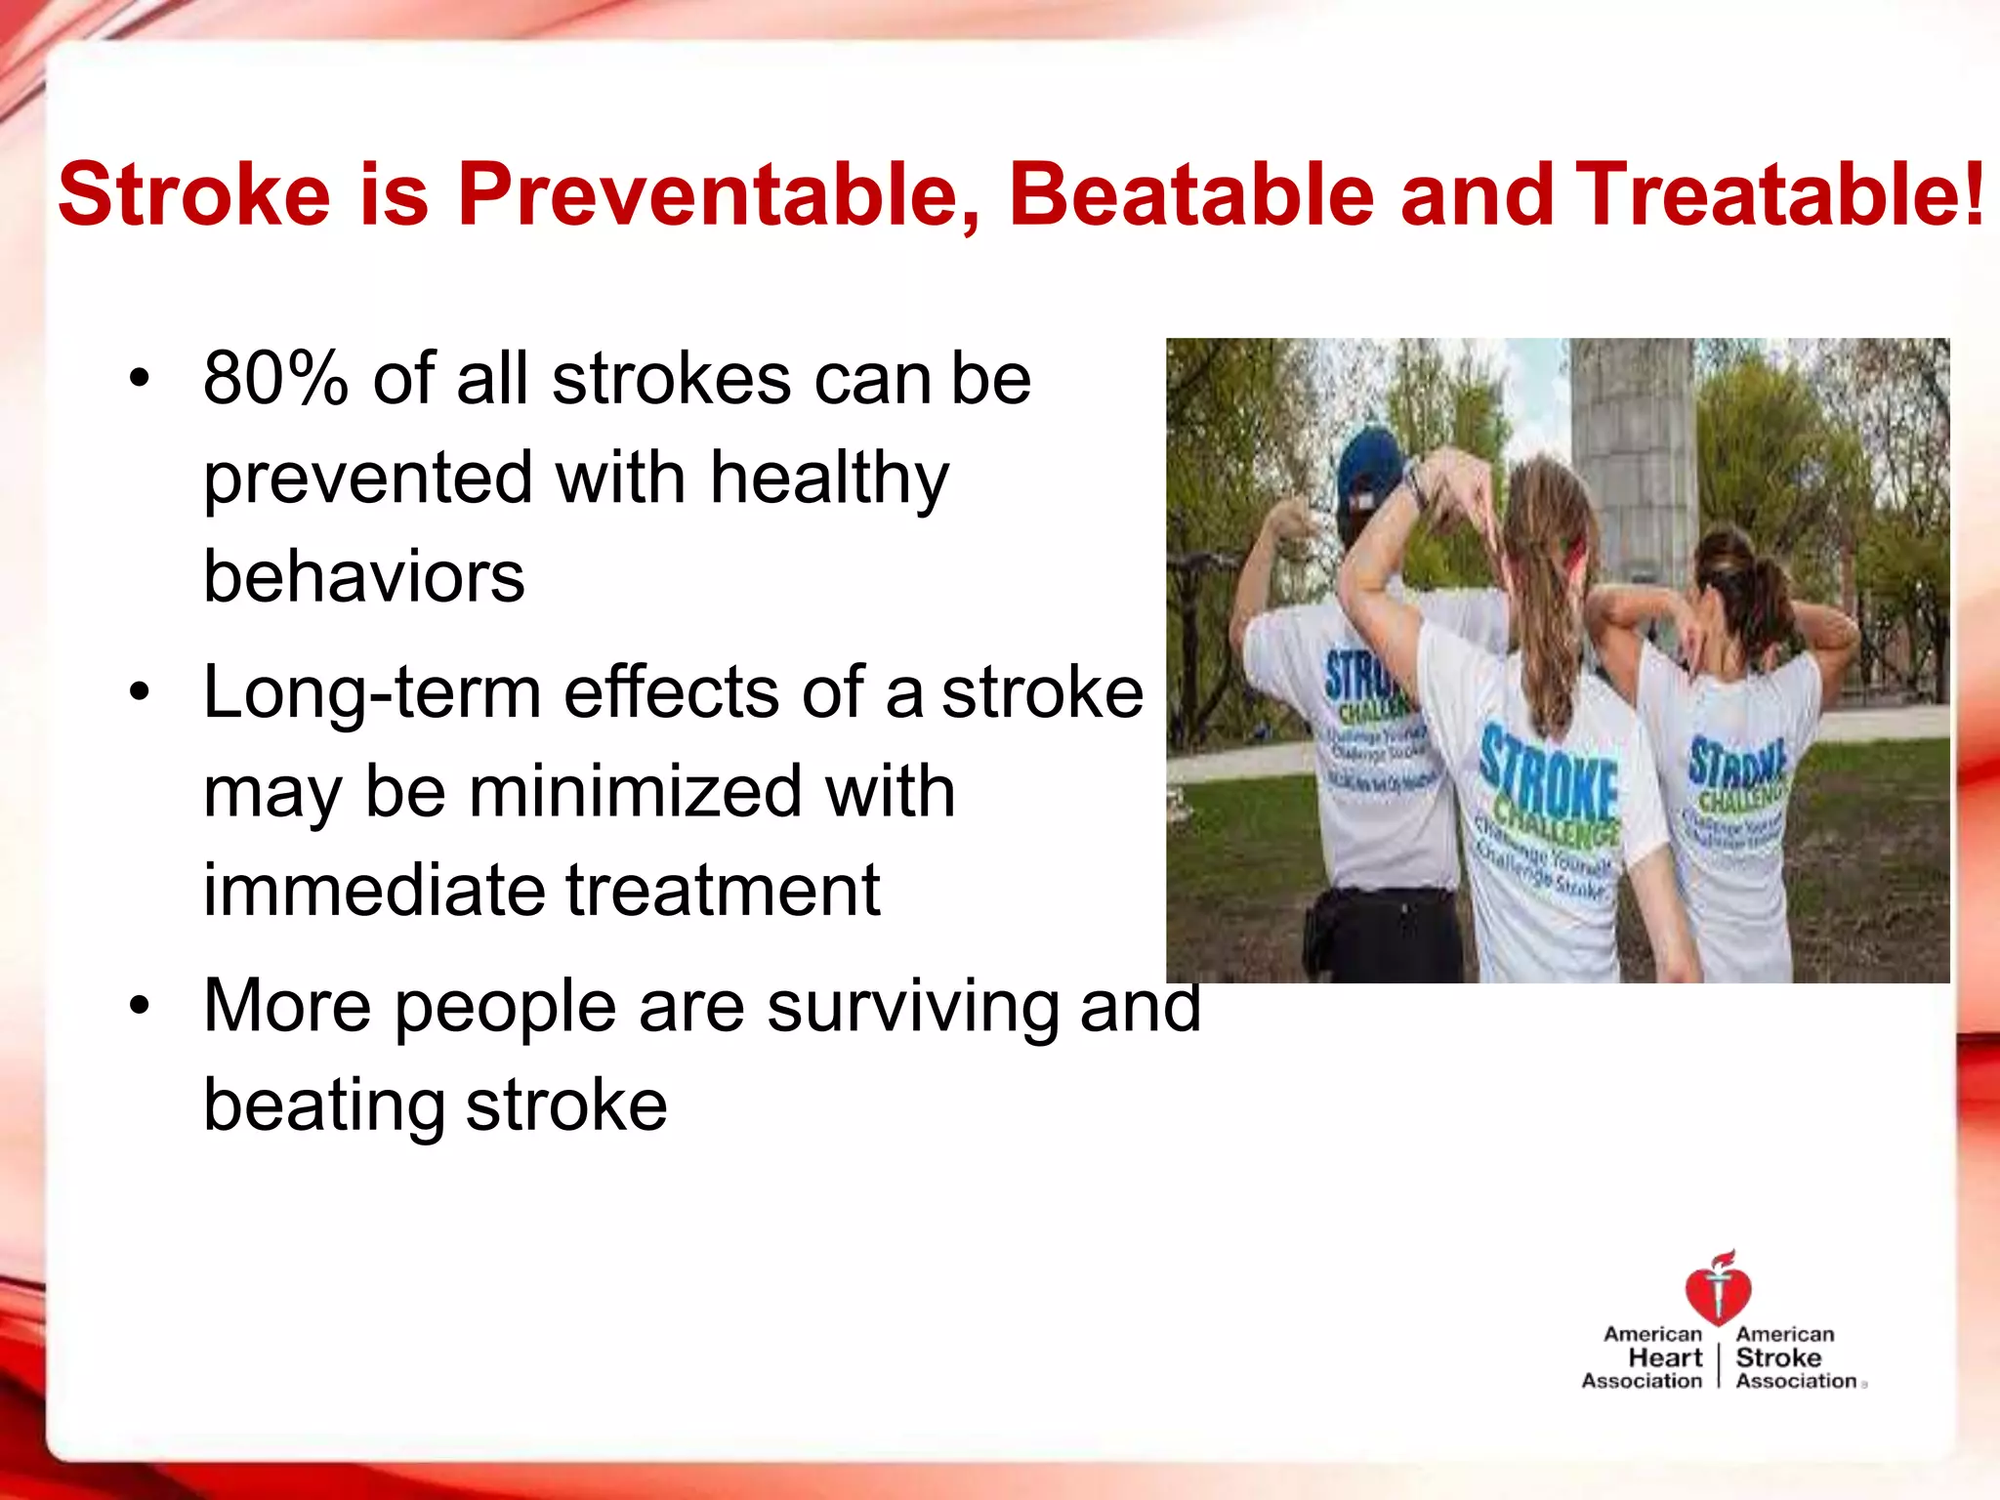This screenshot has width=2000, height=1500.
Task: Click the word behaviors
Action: tap(363, 576)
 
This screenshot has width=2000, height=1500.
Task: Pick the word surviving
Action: tap(912, 1007)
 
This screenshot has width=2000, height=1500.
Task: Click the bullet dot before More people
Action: tap(141, 1005)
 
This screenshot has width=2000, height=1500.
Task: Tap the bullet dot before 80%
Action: tap(141, 378)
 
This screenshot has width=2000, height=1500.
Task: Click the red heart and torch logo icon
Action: tap(1718, 1287)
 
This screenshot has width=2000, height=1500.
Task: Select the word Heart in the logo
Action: tap(1665, 1357)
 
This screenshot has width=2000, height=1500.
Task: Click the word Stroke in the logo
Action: tap(1778, 1357)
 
